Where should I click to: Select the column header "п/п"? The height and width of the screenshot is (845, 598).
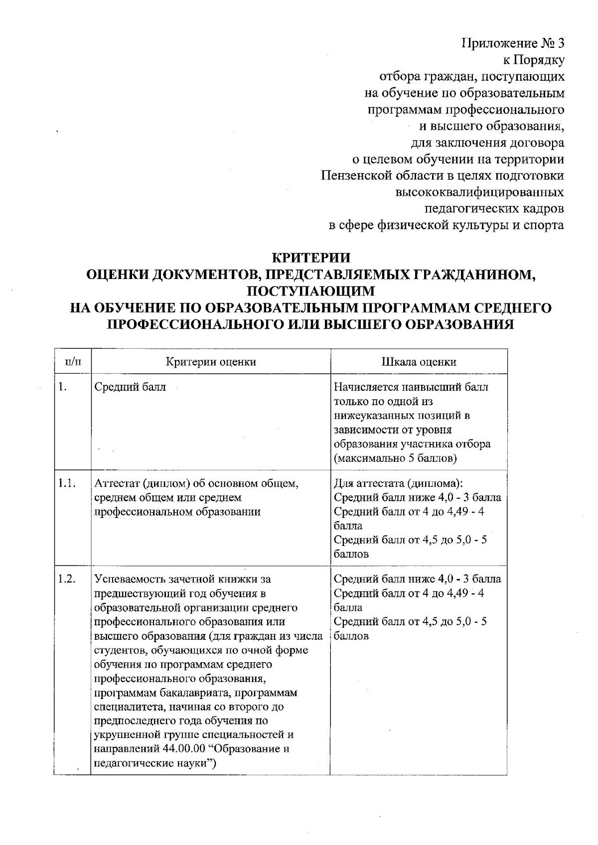coord(73,362)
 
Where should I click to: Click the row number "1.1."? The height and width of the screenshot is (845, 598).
coord(67,483)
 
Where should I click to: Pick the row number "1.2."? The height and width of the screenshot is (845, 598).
coord(67,579)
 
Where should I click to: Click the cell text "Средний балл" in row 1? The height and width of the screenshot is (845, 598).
coord(130,387)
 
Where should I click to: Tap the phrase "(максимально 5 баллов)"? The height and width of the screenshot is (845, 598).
coord(395,457)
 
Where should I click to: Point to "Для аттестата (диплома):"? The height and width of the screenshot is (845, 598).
coord(399,483)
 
